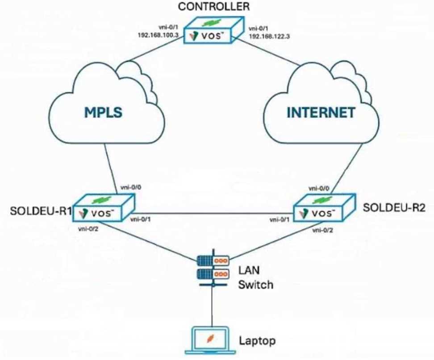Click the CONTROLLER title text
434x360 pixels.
(214, 6)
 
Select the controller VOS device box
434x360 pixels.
(214, 29)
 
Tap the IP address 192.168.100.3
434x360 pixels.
(159, 35)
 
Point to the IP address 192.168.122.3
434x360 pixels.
(269, 36)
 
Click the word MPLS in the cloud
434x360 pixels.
(103, 112)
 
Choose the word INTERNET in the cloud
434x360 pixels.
(321, 112)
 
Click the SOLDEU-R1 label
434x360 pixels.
(41, 211)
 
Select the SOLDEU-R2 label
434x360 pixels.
(394, 207)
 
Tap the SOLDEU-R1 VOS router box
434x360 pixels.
(104, 207)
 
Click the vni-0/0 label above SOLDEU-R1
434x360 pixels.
(131, 187)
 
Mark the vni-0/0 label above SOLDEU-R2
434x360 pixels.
(319, 189)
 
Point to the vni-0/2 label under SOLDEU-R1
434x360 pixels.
(88, 229)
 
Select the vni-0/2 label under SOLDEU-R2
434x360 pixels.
(323, 230)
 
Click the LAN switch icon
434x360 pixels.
(213, 268)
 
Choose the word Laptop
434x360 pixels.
(257, 341)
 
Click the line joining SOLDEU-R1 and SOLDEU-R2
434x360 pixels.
(214, 213)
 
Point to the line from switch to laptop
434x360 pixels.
(213, 307)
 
